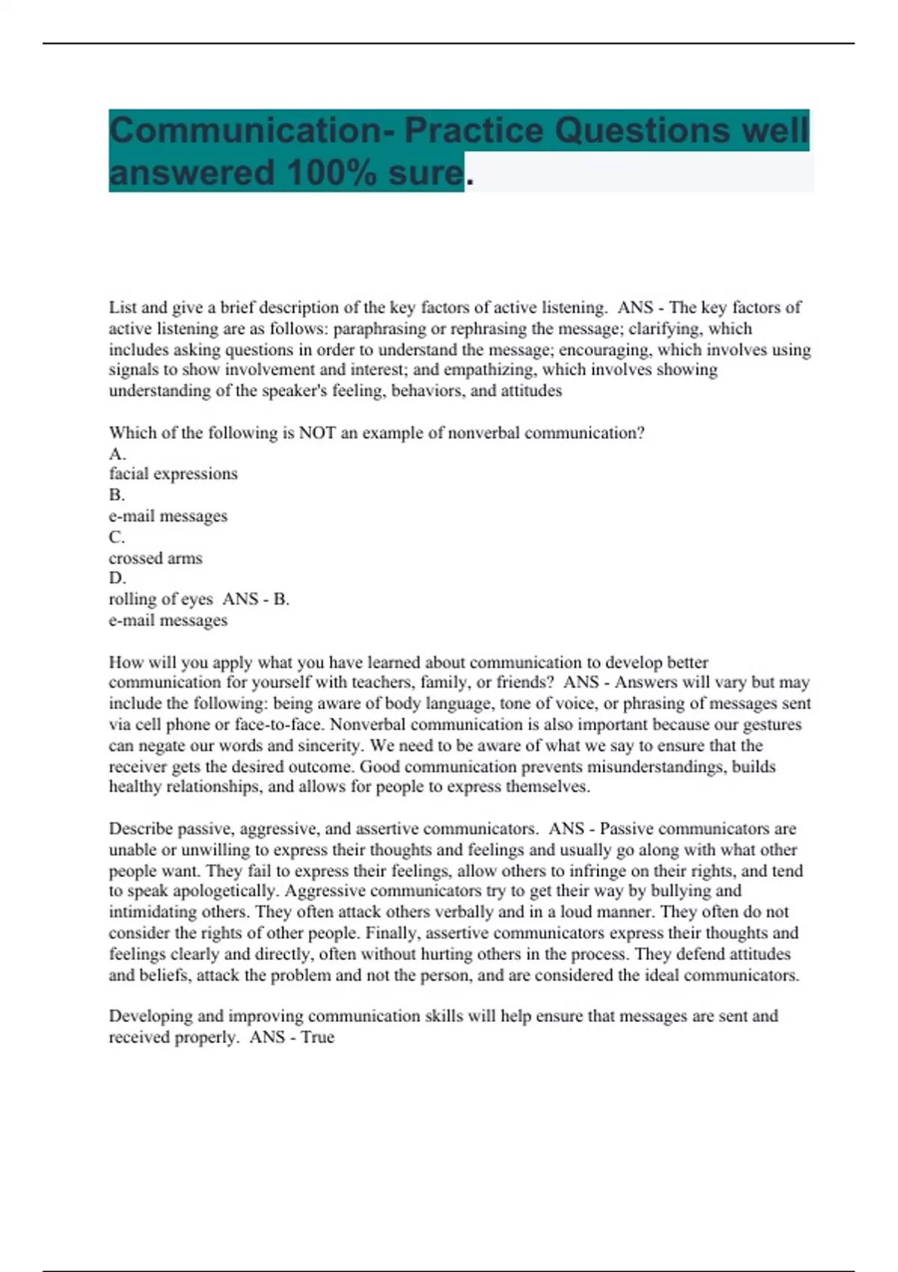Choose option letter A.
pyautogui.click(x=117, y=453)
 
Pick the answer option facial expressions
pyautogui.click(x=173, y=474)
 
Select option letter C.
pyautogui.click(x=117, y=536)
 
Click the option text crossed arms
pyautogui.click(x=156, y=558)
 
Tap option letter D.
pyautogui.click(x=117, y=578)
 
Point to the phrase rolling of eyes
pyautogui.click(x=161, y=599)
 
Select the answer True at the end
pyautogui.click(x=317, y=1037)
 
